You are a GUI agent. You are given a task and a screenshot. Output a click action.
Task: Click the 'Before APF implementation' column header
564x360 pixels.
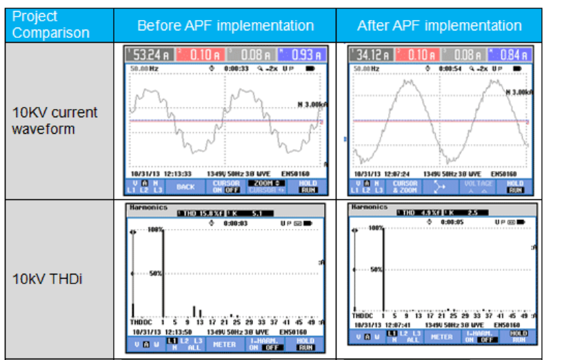[x=225, y=26]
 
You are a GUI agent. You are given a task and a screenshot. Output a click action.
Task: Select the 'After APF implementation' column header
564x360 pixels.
[x=439, y=26]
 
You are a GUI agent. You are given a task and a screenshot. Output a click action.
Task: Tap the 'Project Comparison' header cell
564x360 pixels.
[x=51, y=24]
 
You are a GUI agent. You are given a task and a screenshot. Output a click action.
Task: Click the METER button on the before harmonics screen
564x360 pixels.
[x=224, y=343]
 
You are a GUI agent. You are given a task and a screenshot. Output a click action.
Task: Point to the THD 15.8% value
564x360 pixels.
[x=204, y=214]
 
